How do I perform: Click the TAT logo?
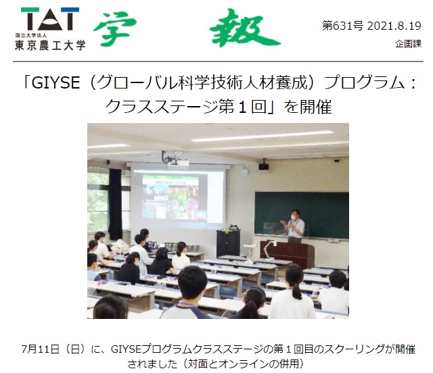pyautogui.click(x=50, y=19)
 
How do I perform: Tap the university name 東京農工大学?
pyautogui.click(x=50, y=45)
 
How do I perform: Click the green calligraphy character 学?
pyautogui.click(x=115, y=28)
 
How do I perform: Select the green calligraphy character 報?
pyautogui.click(x=244, y=28)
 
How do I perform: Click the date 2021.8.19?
pyautogui.click(x=394, y=26)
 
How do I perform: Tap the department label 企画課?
pyautogui.click(x=408, y=44)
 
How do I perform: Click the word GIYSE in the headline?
pyautogui.click(x=55, y=82)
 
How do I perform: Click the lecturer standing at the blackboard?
pyautogui.click(x=295, y=226)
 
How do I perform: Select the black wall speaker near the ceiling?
pyautogui.click(x=264, y=166)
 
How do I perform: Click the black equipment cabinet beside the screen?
pyautogui.click(x=228, y=243)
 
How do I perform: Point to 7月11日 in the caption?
pyautogui.click(x=41, y=349)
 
